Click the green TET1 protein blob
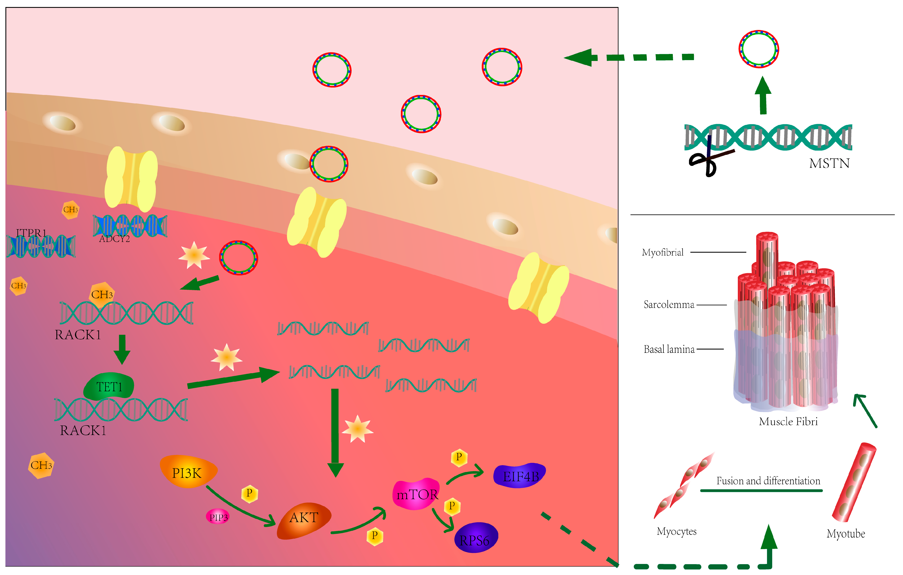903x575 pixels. pyautogui.click(x=109, y=386)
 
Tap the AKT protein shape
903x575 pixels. pyautogui.click(x=304, y=520)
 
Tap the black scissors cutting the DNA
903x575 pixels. pyautogui.click(x=705, y=159)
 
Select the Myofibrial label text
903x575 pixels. pyautogui.click(x=663, y=252)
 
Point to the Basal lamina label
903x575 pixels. pyautogui.click(x=669, y=349)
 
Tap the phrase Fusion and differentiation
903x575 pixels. pyautogui.click(x=768, y=481)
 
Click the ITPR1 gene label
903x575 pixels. pyautogui.click(x=31, y=233)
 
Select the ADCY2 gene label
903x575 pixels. pyautogui.click(x=114, y=239)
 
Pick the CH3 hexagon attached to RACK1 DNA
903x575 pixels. pyautogui.click(x=102, y=294)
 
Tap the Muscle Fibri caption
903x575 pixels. pyautogui.click(x=788, y=422)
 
